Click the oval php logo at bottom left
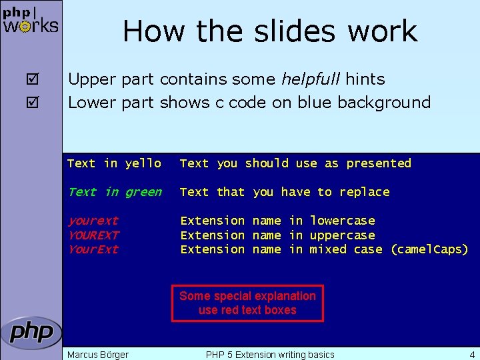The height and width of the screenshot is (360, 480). point(31,332)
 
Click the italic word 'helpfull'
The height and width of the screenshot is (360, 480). point(309,79)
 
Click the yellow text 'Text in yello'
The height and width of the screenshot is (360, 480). point(114,163)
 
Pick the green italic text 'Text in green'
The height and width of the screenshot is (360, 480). point(115,192)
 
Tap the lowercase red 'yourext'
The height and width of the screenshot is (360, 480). point(93,221)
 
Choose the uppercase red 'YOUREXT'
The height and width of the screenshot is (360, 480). point(93,235)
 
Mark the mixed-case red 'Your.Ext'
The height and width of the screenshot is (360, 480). point(93,249)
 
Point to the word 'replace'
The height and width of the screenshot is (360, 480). point(364,192)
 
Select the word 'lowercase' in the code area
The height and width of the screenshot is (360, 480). point(342,221)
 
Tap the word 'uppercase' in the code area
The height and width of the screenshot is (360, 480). point(342,235)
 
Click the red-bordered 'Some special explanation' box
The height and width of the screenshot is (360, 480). point(247,303)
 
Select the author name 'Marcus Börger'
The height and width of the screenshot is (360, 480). point(98,354)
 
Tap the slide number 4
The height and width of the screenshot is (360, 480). point(472,354)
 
